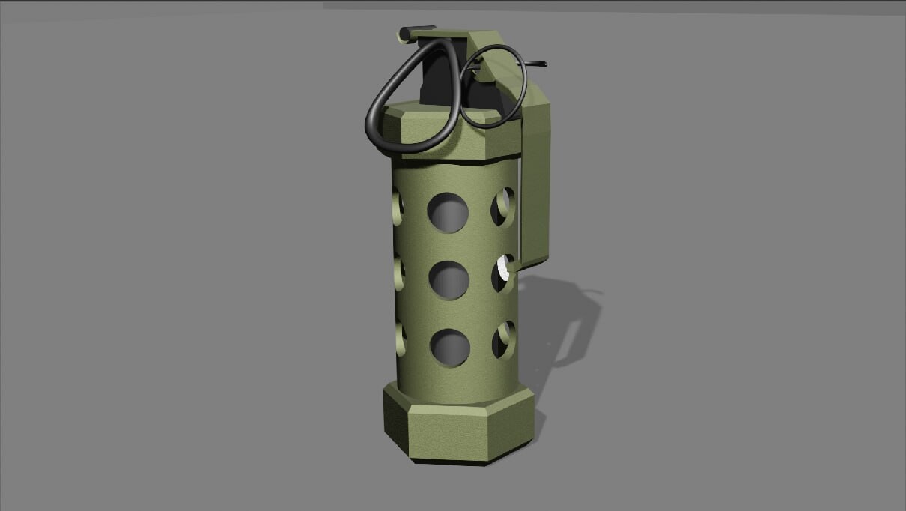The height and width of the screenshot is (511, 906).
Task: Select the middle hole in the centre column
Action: point(449,280)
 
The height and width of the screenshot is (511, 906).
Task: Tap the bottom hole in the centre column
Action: point(450,348)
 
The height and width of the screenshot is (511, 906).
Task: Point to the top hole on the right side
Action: point(502,206)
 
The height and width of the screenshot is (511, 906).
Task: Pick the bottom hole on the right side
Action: point(503,339)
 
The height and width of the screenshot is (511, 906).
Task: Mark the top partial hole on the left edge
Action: point(398,207)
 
